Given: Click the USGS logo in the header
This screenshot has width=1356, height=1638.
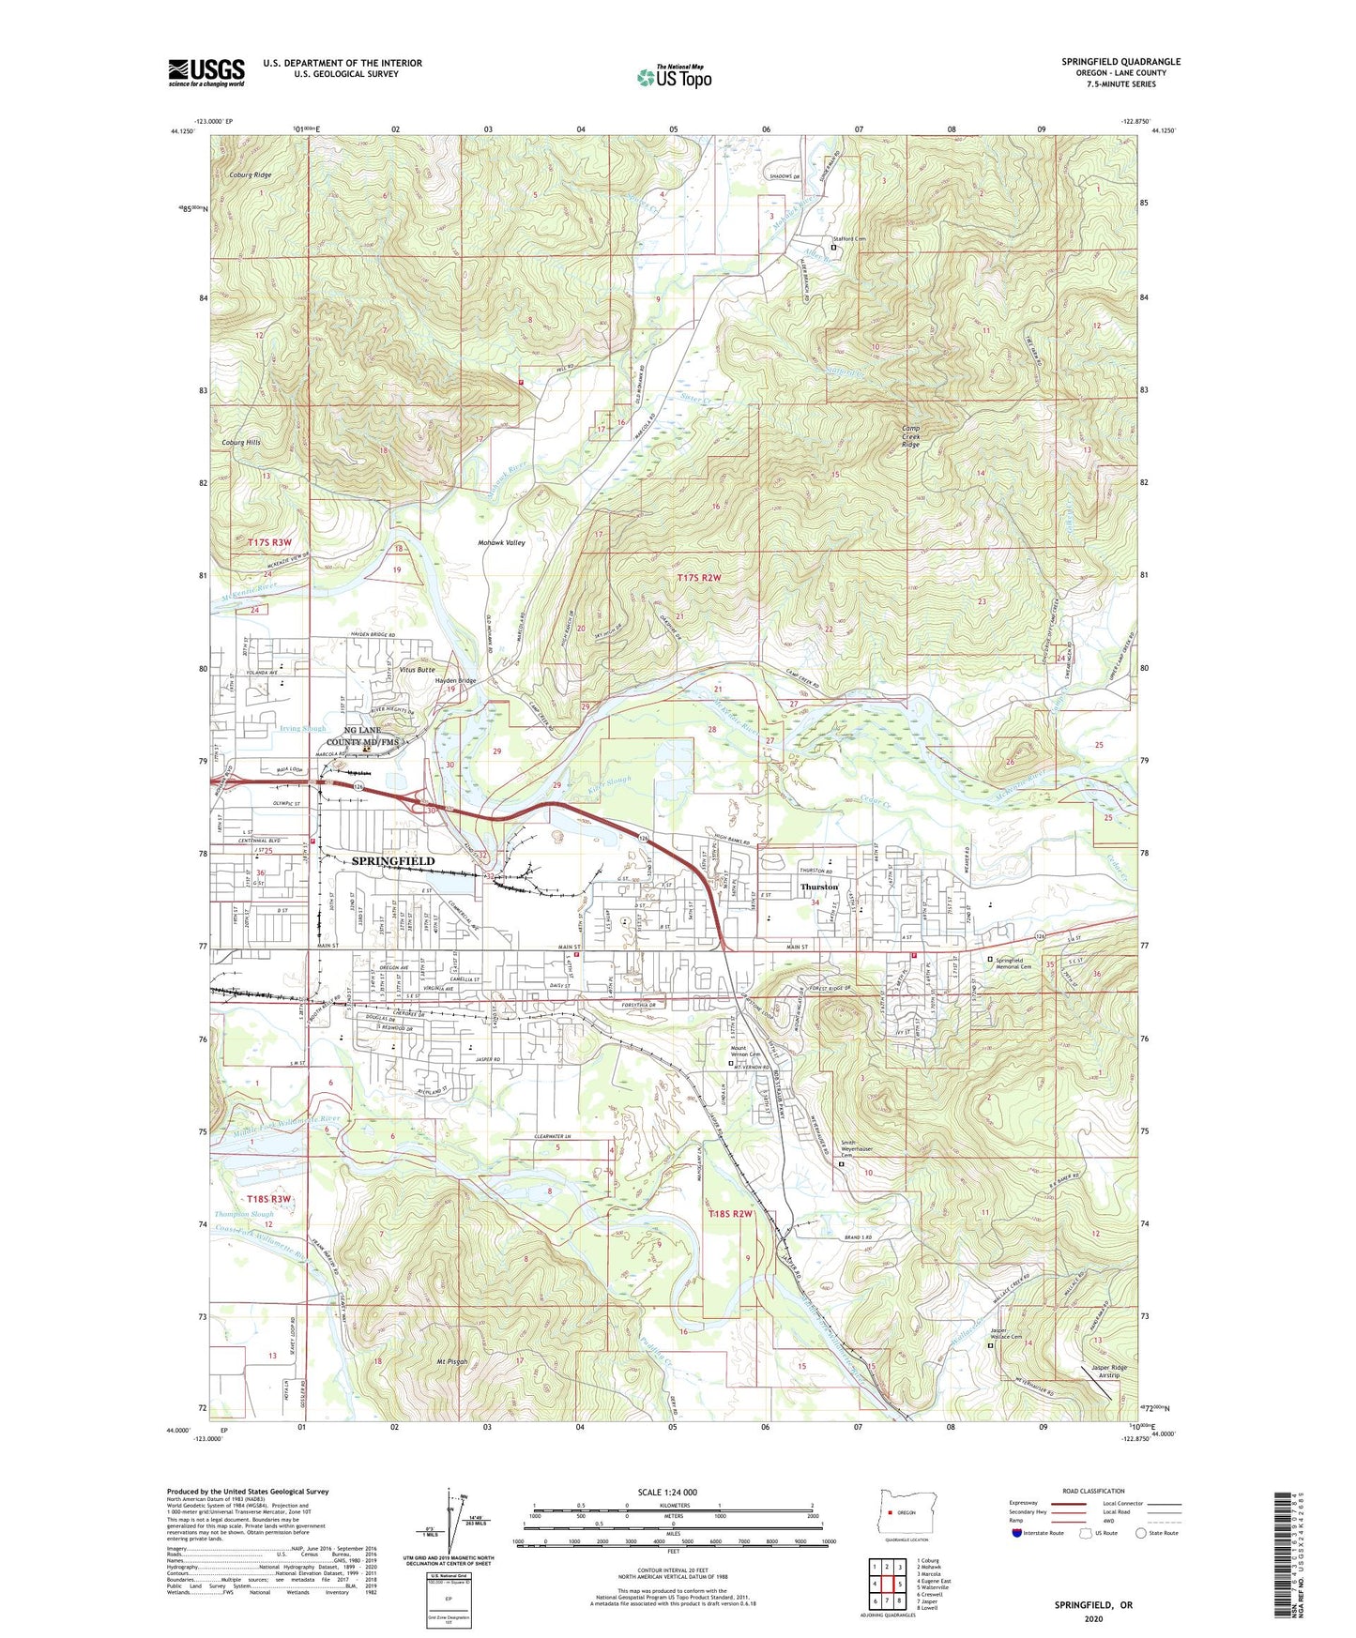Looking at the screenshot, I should click(206, 72).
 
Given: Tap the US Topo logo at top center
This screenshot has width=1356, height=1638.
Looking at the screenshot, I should click(673, 77).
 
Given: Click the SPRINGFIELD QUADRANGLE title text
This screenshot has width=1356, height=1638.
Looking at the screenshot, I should click(1120, 62).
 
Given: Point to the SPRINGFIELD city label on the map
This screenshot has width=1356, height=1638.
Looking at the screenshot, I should click(393, 860).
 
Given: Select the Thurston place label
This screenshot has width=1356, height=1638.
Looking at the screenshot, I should click(818, 887).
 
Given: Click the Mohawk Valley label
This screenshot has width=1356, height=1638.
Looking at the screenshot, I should click(502, 542).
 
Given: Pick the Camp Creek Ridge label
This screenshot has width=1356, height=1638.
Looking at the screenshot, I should click(910, 436).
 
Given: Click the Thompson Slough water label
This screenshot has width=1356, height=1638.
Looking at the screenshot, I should click(244, 1214).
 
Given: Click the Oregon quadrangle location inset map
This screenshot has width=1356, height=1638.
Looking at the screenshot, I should click(899, 1511).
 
